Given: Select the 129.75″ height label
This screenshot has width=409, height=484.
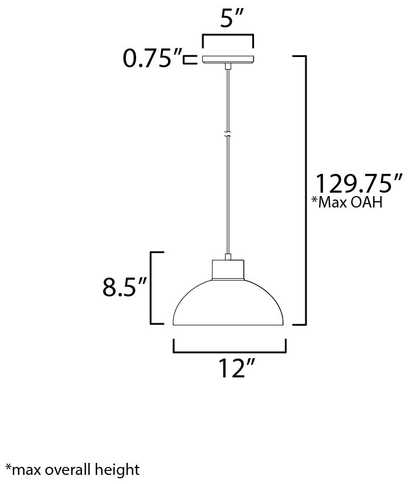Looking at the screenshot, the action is tap(358, 184).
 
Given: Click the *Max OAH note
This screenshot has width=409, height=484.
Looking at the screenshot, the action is tap(347, 202).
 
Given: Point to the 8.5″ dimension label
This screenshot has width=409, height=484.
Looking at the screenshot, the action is tap(124, 287).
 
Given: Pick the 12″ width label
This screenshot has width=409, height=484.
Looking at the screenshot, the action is tap(237, 368).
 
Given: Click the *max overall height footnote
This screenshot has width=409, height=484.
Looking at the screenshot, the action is tap(72, 470).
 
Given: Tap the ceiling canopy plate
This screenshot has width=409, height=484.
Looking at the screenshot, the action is tap(228, 59).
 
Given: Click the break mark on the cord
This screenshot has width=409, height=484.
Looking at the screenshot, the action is tap(228, 135).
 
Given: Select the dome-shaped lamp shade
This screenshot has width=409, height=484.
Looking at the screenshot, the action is tap(228, 303).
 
